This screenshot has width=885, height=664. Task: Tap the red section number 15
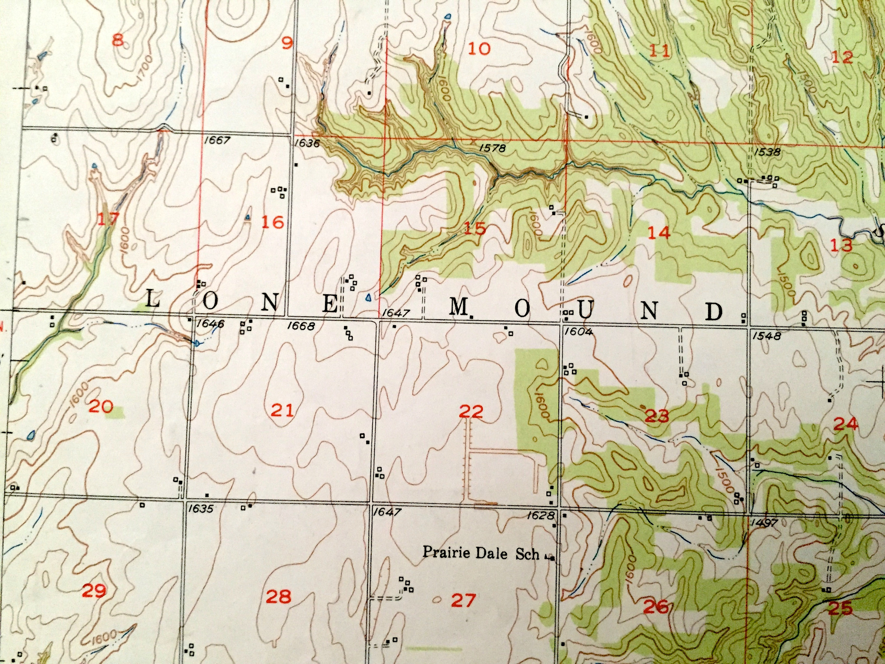coord(475,228)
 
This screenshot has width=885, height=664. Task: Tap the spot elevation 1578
coord(492,148)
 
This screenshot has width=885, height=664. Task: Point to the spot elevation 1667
coord(217,140)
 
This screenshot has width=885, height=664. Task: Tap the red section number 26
coord(656,607)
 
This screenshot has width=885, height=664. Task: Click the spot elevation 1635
coord(200,509)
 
